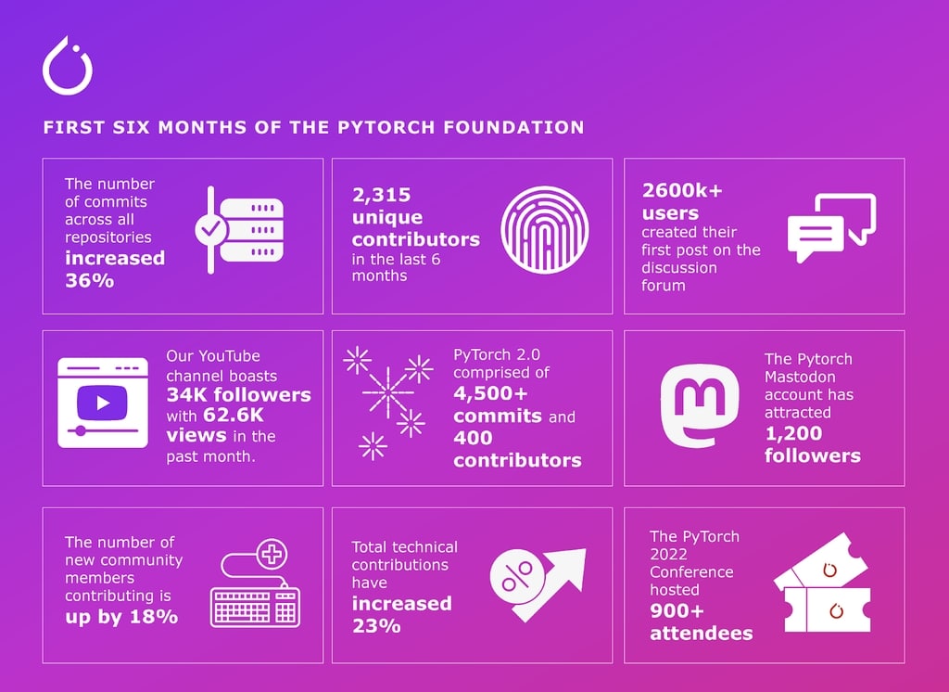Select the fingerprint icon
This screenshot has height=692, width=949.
click(x=544, y=229)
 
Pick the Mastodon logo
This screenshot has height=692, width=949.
click(x=699, y=405)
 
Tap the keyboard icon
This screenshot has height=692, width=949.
click(x=256, y=605)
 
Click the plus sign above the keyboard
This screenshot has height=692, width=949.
click(x=272, y=556)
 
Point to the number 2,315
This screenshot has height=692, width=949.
click(x=381, y=196)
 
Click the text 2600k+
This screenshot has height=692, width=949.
click(x=681, y=192)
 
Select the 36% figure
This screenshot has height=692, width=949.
click(x=89, y=279)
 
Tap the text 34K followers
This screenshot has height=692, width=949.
click(x=238, y=395)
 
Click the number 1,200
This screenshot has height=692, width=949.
click(x=793, y=433)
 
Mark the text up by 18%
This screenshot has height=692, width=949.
click(x=120, y=615)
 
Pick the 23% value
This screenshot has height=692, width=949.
click(x=376, y=625)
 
